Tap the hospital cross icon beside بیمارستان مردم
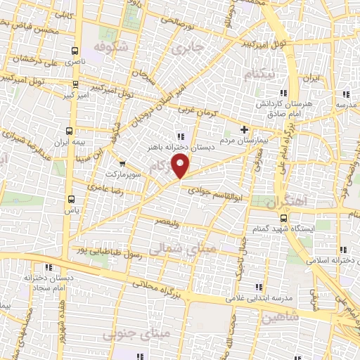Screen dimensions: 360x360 (x=244, y=129)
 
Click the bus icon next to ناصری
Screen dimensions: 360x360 (x=75, y=51)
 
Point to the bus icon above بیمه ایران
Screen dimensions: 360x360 (x=69, y=131)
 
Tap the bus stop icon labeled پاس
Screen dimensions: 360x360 (x=68, y=199)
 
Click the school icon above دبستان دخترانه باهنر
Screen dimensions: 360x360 (x=181, y=136)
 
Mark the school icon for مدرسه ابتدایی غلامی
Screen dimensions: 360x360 (x=258, y=287)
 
